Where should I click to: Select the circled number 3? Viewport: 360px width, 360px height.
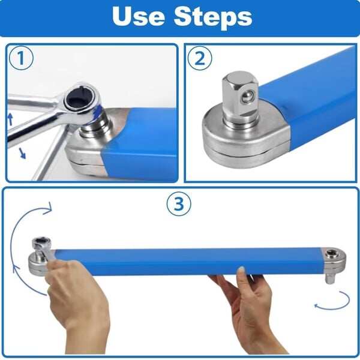[x=178, y=205]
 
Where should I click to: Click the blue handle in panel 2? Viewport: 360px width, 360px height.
[x=318, y=96]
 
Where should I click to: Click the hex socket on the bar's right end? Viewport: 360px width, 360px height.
[x=331, y=254]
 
